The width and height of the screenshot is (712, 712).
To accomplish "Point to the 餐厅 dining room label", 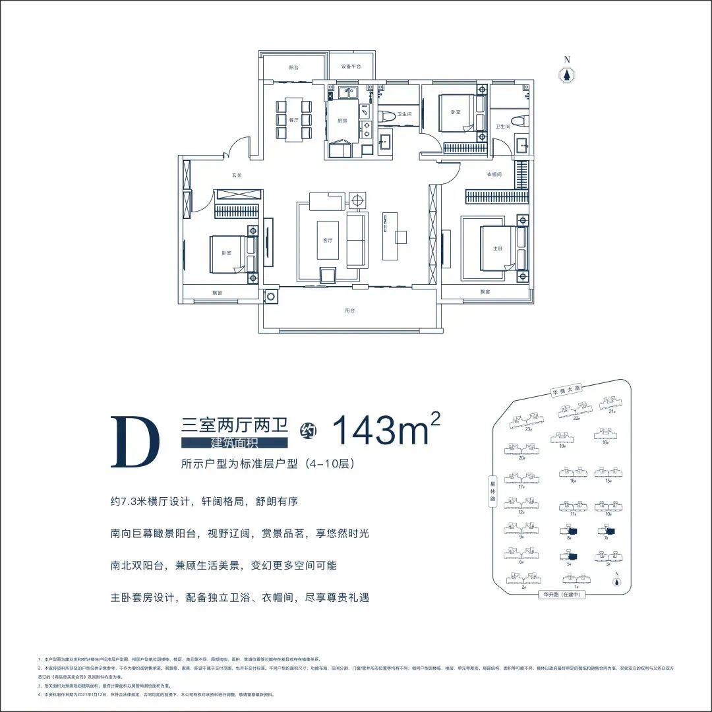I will click(294, 121).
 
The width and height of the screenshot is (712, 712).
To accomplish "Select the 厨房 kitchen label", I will click(342, 121).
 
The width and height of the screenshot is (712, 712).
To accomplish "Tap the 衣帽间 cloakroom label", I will click(494, 175).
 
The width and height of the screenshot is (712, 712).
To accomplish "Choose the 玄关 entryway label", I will click(237, 175).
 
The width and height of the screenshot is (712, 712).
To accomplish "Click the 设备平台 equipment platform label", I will click(350, 67).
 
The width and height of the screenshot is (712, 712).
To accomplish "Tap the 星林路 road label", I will click(492, 491).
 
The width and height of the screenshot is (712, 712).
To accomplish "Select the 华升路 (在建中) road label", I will click(561, 594).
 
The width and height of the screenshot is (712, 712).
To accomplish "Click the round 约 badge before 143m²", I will click(309, 431).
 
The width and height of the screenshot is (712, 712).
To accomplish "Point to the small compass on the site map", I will click(616, 581).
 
